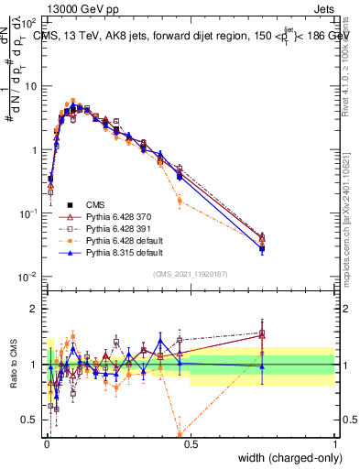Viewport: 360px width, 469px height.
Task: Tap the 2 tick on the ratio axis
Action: (x=35, y=309)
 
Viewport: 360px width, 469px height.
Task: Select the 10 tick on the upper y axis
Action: (x=30, y=85)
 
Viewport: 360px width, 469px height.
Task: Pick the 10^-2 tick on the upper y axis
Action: (x=27, y=277)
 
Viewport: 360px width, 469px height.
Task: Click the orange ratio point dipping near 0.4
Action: (x=180, y=434)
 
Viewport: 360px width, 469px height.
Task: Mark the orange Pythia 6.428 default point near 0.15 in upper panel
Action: (x=180, y=201)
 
